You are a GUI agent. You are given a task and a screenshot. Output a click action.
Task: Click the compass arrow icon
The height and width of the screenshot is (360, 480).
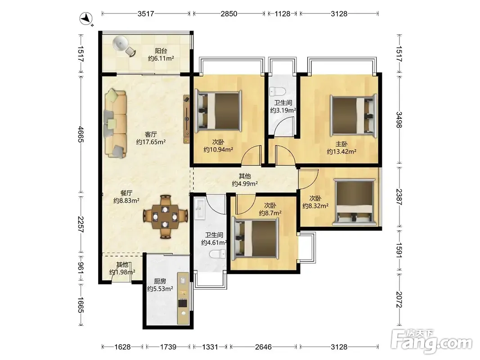(86, 19)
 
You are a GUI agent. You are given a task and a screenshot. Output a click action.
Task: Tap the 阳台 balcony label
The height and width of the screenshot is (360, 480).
(161, 51)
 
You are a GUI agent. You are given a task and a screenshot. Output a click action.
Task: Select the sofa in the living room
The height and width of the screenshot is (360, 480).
(115, 124)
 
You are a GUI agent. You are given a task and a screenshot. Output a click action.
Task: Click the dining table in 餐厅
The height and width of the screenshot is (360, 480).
(165, 216)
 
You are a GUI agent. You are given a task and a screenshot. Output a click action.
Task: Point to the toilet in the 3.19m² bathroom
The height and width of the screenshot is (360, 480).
(278, 91)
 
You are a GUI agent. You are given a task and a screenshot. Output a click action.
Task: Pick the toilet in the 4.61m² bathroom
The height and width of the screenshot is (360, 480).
(217, 254)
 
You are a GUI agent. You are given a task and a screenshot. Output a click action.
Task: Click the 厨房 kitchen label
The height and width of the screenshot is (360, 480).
(160, 281)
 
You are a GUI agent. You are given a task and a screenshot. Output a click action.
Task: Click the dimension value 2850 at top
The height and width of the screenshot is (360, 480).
(229, 14)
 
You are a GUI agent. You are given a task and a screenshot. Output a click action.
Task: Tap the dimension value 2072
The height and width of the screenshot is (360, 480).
(399, 299)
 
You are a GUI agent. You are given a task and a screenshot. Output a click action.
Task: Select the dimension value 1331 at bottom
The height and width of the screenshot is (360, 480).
(210, 347)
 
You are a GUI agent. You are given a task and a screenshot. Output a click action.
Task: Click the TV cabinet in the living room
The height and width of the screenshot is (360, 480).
(186, 119)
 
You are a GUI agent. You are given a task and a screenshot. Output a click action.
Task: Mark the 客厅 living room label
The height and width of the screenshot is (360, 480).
(151, 134)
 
